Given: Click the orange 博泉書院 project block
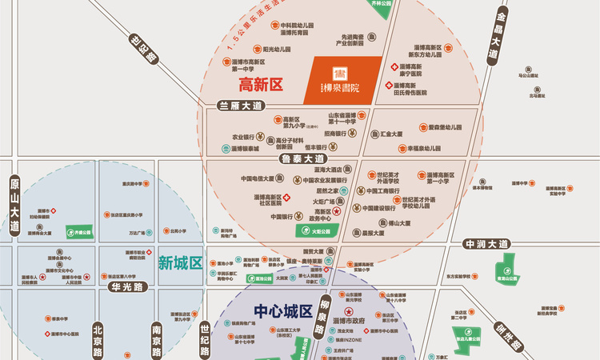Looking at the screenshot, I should pos(344,79).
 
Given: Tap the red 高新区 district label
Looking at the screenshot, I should pos(262,83).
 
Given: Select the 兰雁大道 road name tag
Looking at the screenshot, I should pos(240,106).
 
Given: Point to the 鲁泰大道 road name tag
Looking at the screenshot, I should pos(302,159).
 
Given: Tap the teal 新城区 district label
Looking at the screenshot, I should pos(180,262).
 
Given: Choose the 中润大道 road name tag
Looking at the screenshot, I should pos(486,243).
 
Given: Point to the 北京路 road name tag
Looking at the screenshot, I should pos(97,339).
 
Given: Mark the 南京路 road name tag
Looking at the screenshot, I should pos(156,340).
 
